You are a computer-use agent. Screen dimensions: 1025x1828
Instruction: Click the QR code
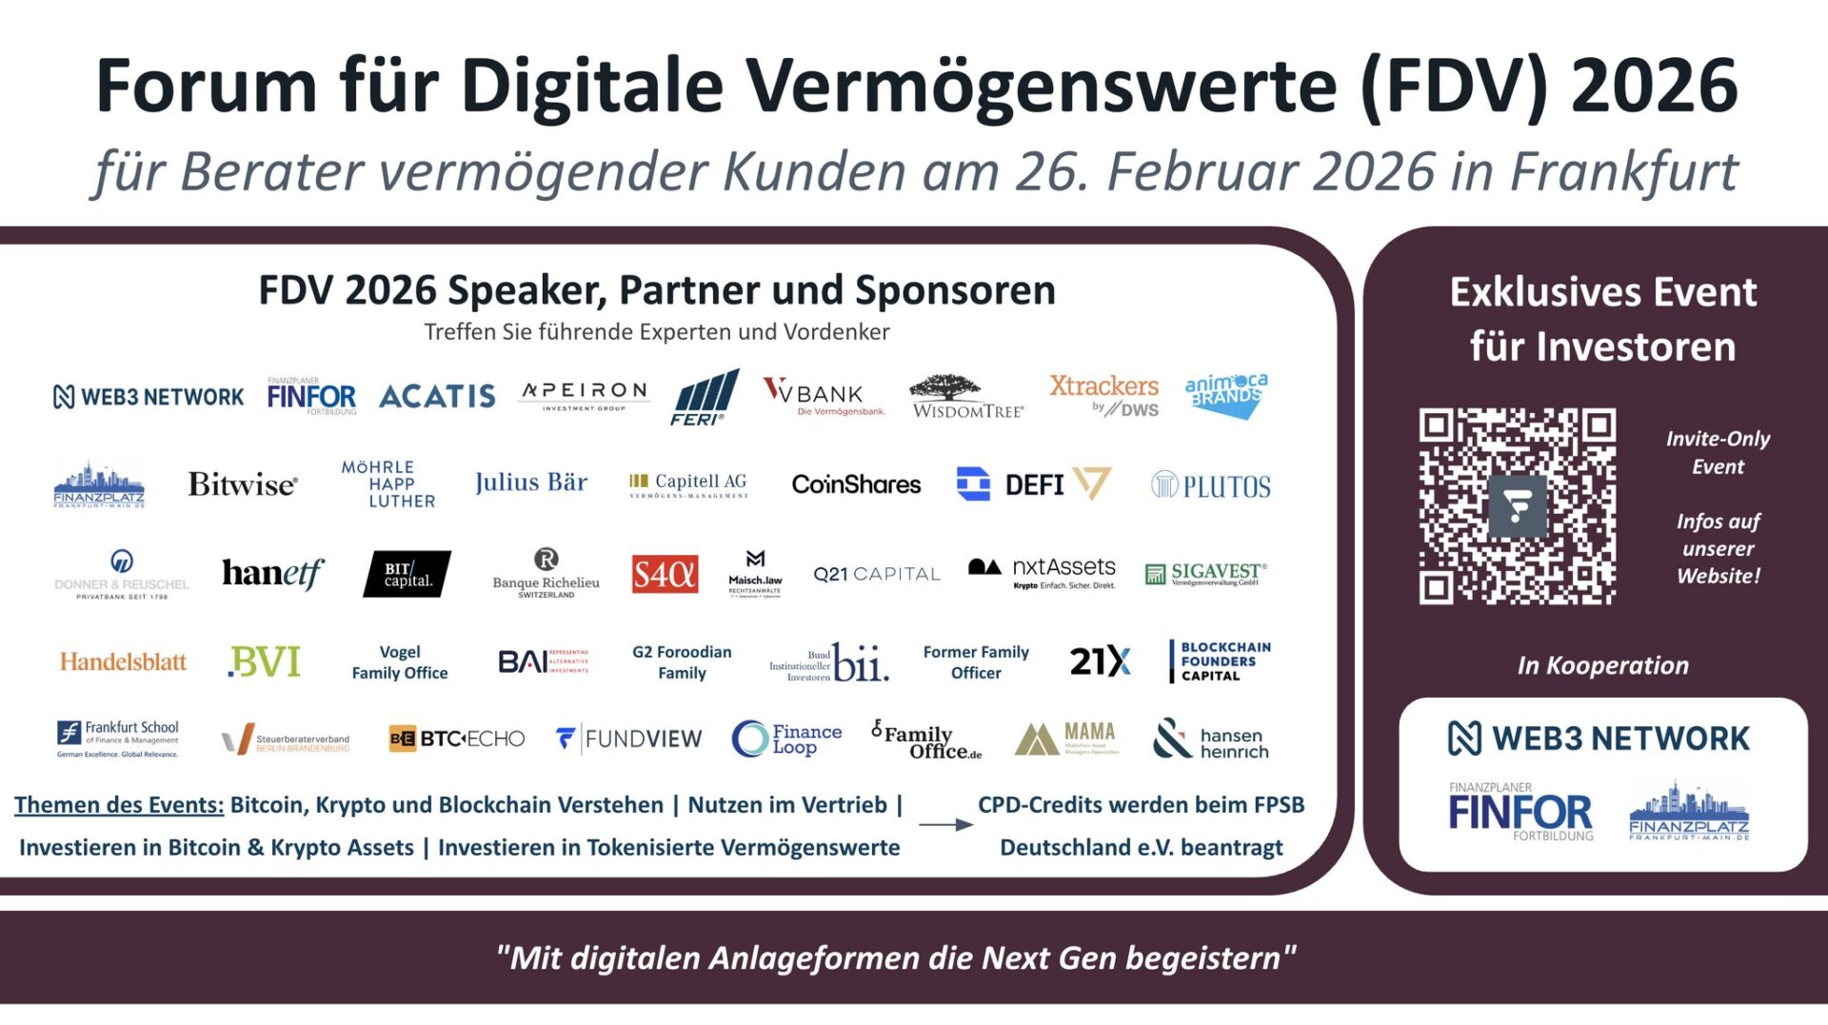1517,506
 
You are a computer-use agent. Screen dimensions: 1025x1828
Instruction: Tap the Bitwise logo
242,484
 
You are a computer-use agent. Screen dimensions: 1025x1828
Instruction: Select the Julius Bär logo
531,483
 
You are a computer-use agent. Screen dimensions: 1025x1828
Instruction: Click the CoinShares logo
856,484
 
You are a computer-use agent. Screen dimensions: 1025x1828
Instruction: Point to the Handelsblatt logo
123,661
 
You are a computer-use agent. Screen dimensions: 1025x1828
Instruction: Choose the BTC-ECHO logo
457,739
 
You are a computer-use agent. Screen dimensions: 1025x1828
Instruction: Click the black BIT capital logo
407,574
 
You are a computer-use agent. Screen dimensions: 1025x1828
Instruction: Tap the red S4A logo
665,574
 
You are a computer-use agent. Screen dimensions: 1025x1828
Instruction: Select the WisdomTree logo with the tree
967,396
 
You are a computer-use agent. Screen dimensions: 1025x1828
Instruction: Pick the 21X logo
1100,660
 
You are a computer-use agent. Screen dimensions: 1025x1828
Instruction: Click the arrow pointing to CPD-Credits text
945,824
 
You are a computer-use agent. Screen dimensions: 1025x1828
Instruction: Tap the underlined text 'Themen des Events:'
119,805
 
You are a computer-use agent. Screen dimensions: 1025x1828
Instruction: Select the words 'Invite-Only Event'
1718,452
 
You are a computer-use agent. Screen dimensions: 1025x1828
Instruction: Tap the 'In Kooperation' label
1603,665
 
